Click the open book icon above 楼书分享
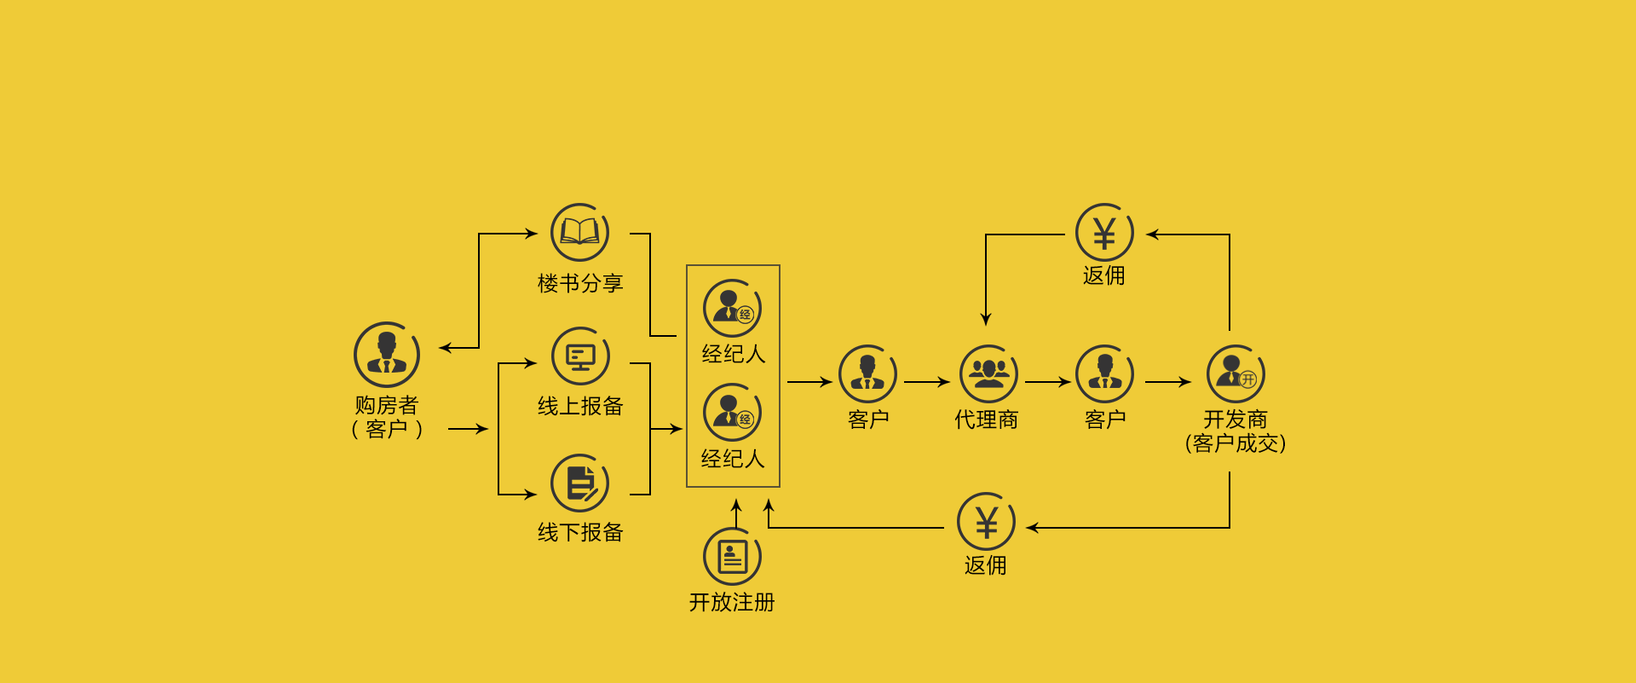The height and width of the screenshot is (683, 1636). click(x=579, y=232)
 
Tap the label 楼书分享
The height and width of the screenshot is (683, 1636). click(x=580, y=283)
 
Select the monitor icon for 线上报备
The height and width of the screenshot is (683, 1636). click(x=580, y=356)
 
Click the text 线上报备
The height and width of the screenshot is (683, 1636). click(x=580, y=406)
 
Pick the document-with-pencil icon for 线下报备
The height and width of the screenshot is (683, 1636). click(x=580, y=483)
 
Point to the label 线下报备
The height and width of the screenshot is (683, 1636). click(x=580, y=532)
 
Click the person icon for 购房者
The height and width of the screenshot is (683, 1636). click(x=387, y=354)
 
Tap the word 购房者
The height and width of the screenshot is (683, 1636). click(x=387, y=404)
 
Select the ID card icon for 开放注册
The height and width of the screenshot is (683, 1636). click(x=732, y=556)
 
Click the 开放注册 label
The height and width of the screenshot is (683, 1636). click(x=732, y=602)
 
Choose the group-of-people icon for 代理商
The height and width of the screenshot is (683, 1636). click(x=988, y=373)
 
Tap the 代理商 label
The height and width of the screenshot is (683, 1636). click(x=987, y=420)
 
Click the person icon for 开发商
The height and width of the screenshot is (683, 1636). click(x=1236, y=373)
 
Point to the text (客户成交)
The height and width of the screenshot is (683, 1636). click(x=1236, y=443)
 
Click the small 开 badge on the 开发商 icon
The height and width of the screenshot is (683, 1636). click(x=1248, y=379)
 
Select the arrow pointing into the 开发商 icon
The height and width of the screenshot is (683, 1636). click(x=1168, y=382)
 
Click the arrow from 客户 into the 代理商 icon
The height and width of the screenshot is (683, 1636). click(x=927, y=382)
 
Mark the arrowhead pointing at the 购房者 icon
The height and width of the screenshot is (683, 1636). click(x=445, y=348)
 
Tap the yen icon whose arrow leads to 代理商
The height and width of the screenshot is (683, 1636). click(x=1104, y=233)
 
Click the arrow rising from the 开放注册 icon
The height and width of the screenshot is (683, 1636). click(x=736, y=512)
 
